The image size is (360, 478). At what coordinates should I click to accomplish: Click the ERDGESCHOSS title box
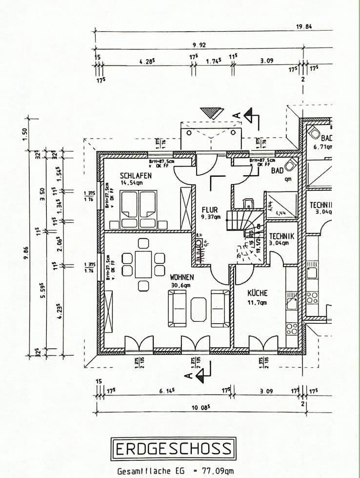point(174,448)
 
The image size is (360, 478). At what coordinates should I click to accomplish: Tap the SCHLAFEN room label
point(136,175)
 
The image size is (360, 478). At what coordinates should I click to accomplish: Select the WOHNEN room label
point(182,277)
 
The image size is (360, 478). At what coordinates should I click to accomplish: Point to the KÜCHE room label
point(257,293)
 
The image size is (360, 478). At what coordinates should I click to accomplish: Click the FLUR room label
point(210,210)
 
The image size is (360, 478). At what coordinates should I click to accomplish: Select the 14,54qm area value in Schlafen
point(131,183)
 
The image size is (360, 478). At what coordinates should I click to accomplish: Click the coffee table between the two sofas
point(199,309)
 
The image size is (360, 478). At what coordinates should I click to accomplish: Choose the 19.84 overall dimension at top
point(304,27)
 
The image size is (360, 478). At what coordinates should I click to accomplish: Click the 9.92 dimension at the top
point(199,45)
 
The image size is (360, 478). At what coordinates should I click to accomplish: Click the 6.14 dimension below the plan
point(167,391)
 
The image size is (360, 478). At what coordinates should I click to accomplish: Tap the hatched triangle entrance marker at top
point(212,112)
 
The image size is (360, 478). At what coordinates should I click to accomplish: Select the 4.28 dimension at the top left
point(147,62)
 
